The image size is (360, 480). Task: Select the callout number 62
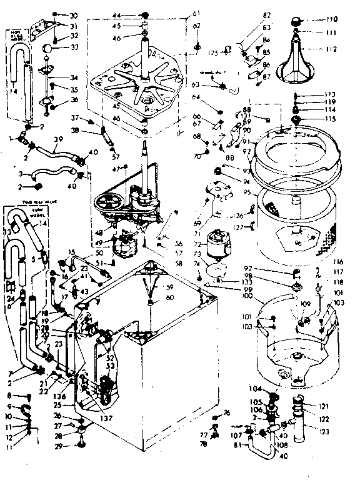197,26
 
